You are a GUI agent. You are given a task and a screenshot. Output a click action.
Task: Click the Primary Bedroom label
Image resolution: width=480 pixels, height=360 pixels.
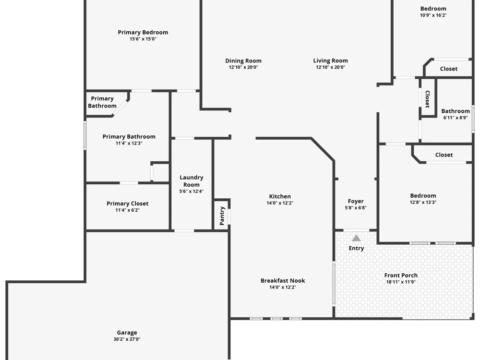(143, 33)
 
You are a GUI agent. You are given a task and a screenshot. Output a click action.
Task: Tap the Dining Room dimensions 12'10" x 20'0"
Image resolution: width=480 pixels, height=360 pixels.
(243, 67)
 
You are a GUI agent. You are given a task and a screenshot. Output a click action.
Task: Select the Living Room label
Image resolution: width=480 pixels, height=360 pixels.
(330, 61)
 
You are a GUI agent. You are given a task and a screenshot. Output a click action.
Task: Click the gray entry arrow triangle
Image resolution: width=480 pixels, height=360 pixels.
(356, 238)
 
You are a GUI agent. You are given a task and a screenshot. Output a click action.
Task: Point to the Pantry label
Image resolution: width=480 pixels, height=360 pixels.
(222, 216)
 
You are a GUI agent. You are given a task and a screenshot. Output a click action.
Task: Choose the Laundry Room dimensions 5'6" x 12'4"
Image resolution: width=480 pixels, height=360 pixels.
(192, 192)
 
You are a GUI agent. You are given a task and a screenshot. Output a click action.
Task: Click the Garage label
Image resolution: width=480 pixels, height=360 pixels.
(127, 333)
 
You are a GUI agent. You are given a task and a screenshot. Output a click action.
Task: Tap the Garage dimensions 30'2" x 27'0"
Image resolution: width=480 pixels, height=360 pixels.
(127, 339)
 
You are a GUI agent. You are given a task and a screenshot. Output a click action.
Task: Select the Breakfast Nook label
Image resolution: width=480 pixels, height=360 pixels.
(283, 281)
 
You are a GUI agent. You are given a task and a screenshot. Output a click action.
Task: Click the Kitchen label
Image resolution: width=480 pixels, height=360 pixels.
(280, 196)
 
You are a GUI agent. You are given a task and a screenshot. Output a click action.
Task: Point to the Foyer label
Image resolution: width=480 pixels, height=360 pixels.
(356, 202)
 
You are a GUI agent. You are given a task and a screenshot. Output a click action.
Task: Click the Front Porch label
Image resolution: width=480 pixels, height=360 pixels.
(401, 276)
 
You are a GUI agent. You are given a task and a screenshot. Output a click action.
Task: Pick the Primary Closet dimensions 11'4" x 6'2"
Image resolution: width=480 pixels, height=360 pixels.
(127, 210)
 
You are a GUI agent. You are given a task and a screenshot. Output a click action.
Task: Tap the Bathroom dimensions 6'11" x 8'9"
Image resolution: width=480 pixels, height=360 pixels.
(456, 118)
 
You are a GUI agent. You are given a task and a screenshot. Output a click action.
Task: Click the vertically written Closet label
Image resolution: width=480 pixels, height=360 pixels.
(428, 99)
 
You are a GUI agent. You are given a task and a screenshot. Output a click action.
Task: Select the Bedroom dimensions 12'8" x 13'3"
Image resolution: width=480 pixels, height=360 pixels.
(423, 203)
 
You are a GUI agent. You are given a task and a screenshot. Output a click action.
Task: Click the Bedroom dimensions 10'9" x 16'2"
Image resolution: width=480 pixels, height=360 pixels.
(433, 15)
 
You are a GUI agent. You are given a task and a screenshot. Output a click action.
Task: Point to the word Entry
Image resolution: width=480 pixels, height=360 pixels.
(356, 248)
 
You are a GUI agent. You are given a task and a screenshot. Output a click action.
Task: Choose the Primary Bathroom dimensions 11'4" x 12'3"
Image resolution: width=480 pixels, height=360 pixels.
(129, 143)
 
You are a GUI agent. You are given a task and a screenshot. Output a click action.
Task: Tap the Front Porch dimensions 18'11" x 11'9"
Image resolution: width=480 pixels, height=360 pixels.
(401, 282)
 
